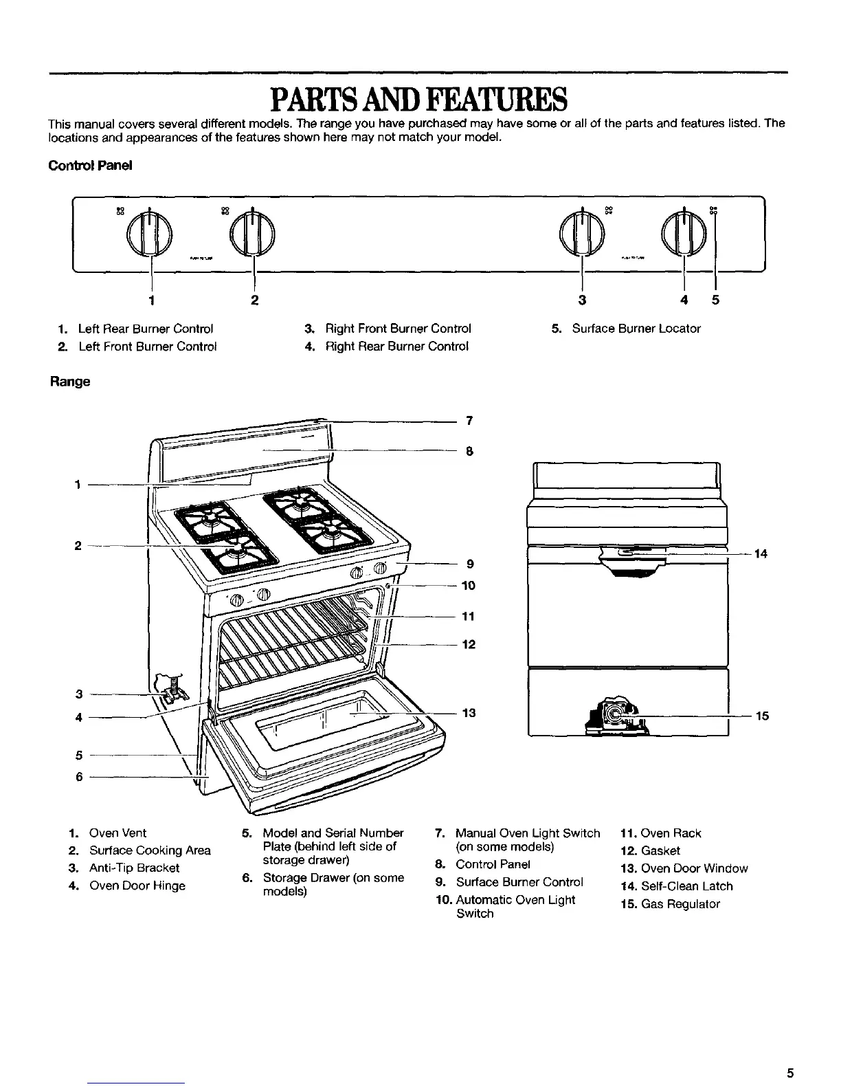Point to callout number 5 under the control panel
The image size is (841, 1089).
(715, 300)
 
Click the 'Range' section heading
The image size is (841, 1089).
(69, 381)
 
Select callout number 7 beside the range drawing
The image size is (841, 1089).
(469, 420)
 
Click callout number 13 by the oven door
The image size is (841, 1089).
(469, 713)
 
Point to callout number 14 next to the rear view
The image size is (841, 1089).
(760, 553)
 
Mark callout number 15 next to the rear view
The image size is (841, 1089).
(761, 716)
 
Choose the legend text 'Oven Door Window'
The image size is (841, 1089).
(694, 868)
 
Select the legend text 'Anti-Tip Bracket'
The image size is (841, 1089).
(134, 868)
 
